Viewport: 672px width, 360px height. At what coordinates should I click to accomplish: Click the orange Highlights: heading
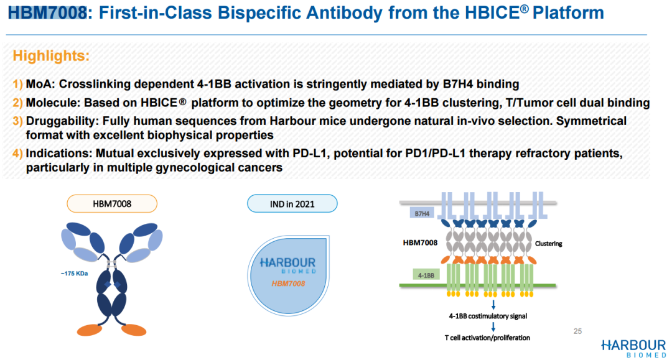(51, 56)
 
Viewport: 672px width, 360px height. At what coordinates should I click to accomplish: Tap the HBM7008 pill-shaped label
(112, 204)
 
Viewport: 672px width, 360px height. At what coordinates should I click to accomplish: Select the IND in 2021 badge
(292, 204)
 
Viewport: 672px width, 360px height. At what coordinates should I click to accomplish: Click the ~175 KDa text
(74, 274)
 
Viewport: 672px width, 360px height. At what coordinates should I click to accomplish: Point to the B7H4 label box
(422, 213)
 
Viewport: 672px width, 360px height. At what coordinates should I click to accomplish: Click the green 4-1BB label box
(426, 275)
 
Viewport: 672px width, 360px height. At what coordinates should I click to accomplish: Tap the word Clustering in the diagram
(549, 244)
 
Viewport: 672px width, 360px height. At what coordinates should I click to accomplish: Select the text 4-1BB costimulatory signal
(488, 316)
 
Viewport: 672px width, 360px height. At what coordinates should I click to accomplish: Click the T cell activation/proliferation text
(487, 338)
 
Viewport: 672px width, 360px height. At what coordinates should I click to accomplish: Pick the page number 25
(577, 331)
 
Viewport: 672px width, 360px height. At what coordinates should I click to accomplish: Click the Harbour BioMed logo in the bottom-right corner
(634, 348)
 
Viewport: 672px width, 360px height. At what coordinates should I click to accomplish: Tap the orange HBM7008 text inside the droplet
(289, 284)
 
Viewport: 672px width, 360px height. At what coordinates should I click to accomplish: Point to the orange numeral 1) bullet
(17, 84)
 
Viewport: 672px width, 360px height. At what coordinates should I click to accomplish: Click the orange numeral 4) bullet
(17, 153)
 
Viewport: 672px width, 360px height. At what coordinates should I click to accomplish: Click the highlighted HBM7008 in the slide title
(47, 13)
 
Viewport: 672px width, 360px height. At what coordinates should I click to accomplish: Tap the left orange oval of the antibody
(90, 330)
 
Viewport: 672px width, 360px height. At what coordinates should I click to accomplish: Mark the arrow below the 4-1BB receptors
(493, 305)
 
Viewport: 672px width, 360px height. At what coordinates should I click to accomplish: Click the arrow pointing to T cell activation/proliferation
(493, 326)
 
